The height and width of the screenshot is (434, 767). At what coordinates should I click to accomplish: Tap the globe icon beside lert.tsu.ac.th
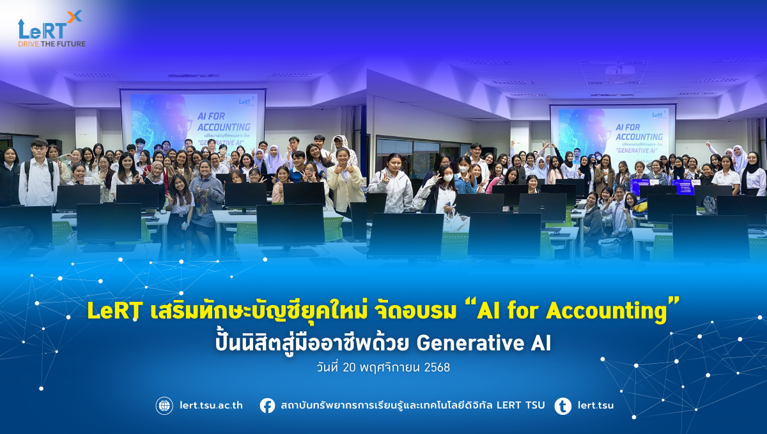tap(164, 405)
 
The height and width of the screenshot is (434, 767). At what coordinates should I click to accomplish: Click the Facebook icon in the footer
tap(267, 405)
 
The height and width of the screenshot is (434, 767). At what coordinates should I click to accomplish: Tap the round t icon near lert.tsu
tap(562, 405)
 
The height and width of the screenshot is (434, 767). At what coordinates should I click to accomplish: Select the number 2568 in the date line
tap(438, 368)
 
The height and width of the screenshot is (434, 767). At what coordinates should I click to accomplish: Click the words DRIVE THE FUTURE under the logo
tap(51, 43)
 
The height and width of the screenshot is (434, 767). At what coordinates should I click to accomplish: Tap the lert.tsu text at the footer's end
tap(595, 405)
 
